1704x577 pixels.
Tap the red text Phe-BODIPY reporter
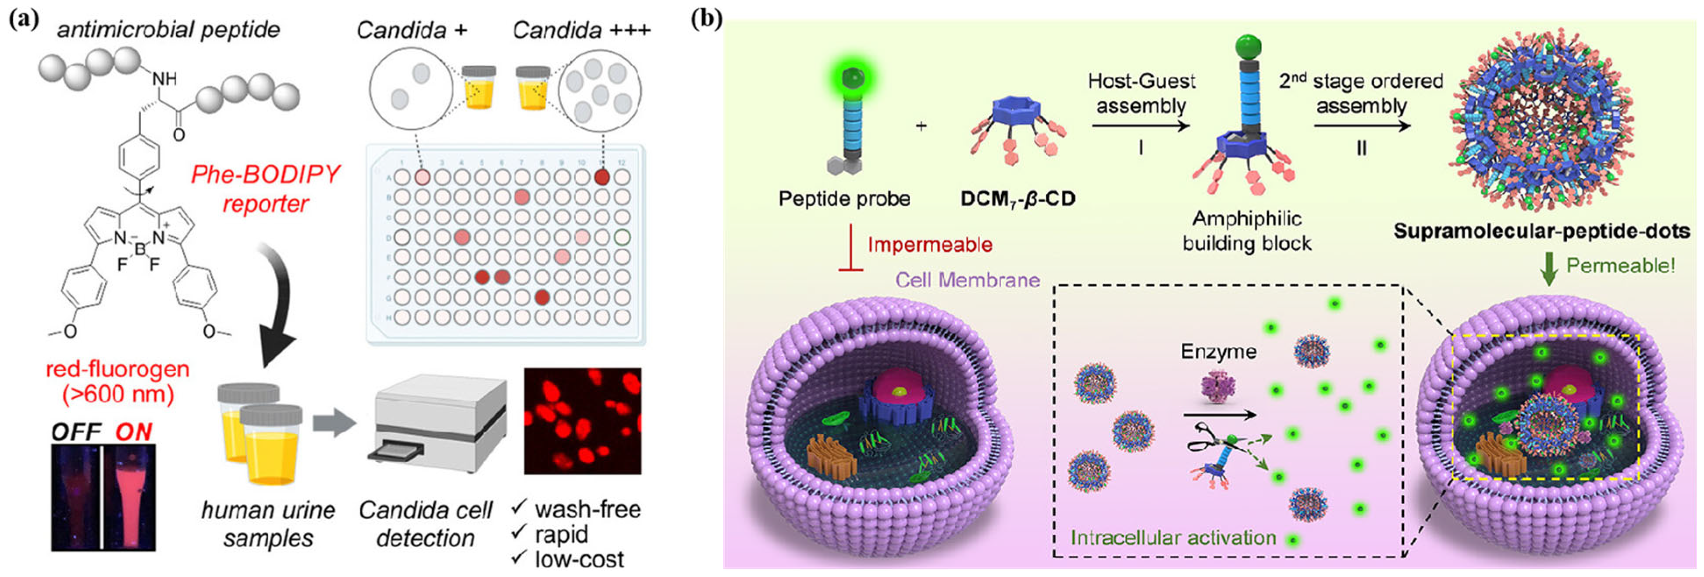(x=265, y=188)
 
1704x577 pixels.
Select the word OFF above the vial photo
(x=76, y=432)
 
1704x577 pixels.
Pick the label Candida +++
(x=581, y=30)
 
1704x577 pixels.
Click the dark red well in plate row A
(x=602, y=177)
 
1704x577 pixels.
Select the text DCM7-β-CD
(x=1017, y=198)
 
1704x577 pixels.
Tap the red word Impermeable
(x=929, y=244)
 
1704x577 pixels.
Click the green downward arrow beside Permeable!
(x=1548, y=270)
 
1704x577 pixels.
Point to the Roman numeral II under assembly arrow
(x=1361, y=148)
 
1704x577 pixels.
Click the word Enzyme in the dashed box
(x=1218, y=351)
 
